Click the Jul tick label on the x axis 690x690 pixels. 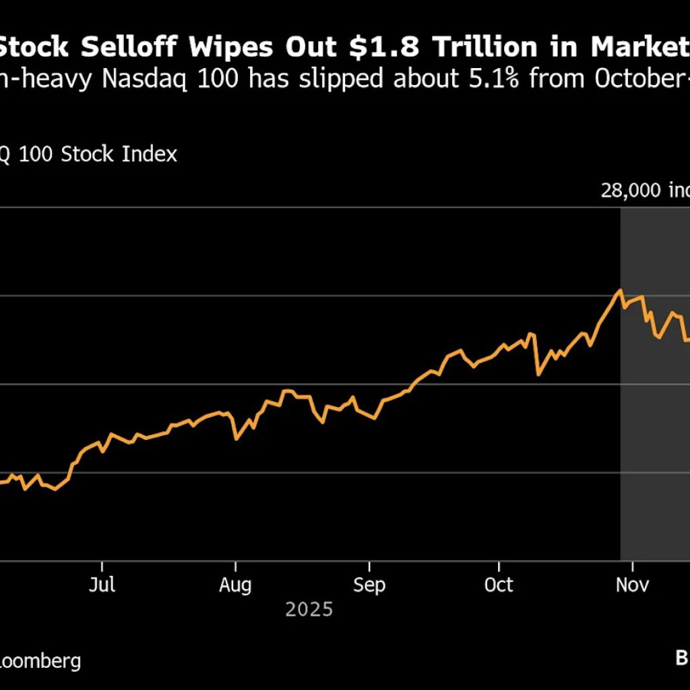click(x=102, y=585)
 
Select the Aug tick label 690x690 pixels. click(x=235, y=585)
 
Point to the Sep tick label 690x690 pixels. click(x=369, y=585)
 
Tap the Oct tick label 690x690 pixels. click(x=499, y=585)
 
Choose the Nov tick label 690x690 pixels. click(x=633, y=585)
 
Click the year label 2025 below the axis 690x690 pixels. click(x=309, y=610)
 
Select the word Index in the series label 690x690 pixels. click(x=150, y=154)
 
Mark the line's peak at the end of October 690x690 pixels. click(x=620, y=290)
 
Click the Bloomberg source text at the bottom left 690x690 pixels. click(x=40, y=660)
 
